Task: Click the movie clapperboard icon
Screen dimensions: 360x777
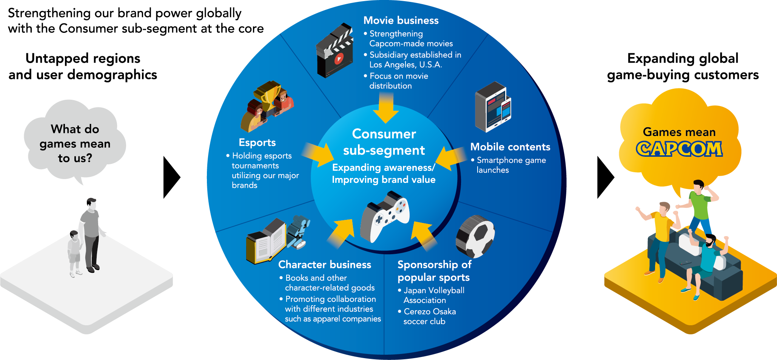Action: pyautogui.click(x=335, y=51)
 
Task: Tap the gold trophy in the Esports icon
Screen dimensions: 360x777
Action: pyautogui.click(x=267, y=94)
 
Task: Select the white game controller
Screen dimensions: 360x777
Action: pyautogui.click(x=384, y=217)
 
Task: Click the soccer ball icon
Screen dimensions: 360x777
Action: pyautogui.click(x=475, y=236)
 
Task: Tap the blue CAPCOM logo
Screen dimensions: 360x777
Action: pyautogui.click(x=679, y=149)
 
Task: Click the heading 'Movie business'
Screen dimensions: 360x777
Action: pyautogui.click(x=401, y=20)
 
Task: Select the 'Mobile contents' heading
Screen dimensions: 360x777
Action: pyautogui.click(x=510, y=147)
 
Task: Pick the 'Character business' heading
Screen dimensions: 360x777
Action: pyautogui.click(x=324, y=264)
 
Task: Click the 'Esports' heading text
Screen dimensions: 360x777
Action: pyautogui.click(x=257, y=142)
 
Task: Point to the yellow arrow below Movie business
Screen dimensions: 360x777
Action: pyautogui.click(x=385, y=108)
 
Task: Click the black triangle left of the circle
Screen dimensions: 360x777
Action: pyautogui.click(x=171, y=177)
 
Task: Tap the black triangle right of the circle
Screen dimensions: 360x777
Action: pyautogui.click(x=605, y=177)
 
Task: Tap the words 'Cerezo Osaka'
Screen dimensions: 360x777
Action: pyautogui.click(x=430, y=312)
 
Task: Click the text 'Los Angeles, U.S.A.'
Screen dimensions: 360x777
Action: pyautogui.click(x=405, y=65)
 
